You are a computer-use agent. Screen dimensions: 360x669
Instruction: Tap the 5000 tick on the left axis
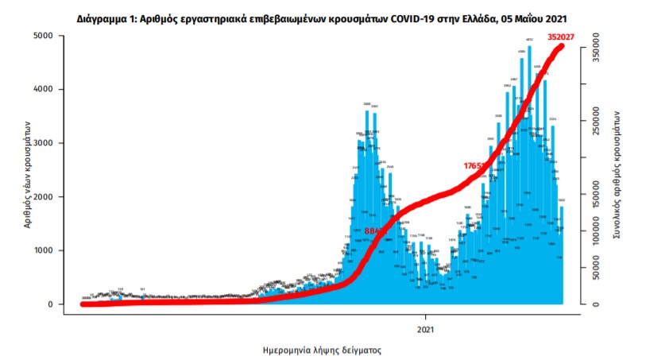click(x=42, y=37)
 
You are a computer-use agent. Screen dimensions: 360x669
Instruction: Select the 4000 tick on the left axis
click(x=42, y=90)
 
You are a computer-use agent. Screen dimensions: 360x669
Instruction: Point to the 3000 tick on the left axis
click(x=42, y=144)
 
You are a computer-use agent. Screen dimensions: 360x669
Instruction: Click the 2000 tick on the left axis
click(x=42, y=197)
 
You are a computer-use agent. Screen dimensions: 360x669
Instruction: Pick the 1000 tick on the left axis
click(x=42, y=251)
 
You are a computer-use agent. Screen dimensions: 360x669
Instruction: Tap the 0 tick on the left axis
click(x=49, y=304)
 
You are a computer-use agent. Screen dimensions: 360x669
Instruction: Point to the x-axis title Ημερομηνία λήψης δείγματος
click(x=323, y=349)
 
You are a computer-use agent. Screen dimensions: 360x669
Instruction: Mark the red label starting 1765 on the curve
click(x=476, y=166)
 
